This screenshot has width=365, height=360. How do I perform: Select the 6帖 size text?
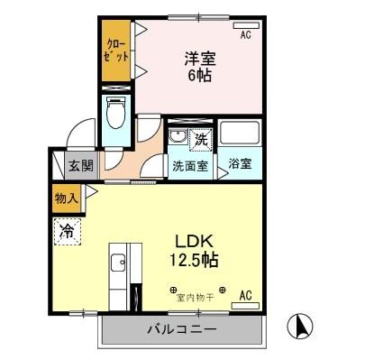[200, 77]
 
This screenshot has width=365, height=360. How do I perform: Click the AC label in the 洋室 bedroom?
[245, 35]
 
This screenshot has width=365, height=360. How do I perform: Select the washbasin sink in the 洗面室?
[178, 139]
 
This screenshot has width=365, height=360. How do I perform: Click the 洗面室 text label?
[192, 166]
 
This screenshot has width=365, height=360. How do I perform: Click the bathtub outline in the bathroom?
[242, 135]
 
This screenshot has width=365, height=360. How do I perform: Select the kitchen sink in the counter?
[118, 264]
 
